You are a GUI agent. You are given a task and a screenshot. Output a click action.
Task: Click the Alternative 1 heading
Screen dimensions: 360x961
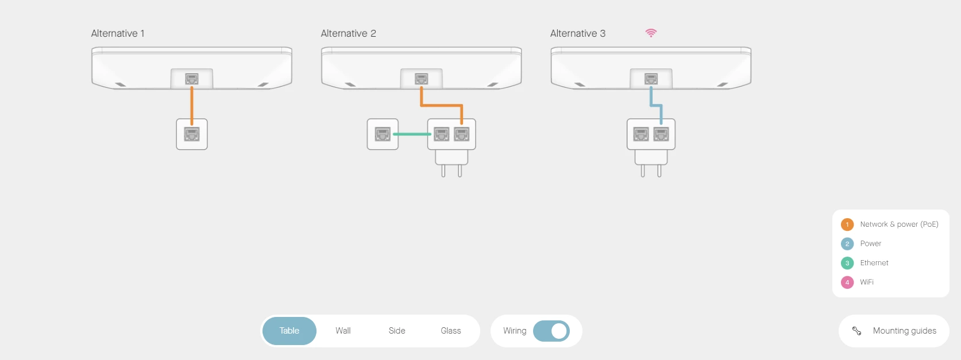tap(118, 33)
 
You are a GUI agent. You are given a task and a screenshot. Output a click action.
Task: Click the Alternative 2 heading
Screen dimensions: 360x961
tap(348, 33)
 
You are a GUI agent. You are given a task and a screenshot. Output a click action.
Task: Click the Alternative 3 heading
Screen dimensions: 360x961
tap(577, 33)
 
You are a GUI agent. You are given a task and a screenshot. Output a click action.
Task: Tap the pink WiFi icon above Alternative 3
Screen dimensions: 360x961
tap(651, 33)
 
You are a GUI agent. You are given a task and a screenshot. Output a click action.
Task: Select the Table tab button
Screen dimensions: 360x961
tap(290, 331)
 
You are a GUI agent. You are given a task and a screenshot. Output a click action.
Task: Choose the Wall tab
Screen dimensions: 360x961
tap(343, 331)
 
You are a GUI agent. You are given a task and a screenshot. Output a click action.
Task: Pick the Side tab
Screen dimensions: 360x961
tap(397, 331)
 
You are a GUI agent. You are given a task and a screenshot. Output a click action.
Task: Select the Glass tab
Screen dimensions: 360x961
tap(451, 331)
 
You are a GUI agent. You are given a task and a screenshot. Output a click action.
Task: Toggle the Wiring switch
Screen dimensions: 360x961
tap(551, 331)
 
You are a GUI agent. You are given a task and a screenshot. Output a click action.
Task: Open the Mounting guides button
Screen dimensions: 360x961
tap(894, 331)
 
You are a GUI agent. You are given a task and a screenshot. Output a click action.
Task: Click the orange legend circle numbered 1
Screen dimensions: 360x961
tap(847, 224)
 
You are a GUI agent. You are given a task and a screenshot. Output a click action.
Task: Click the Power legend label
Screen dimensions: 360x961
tap(870, 243)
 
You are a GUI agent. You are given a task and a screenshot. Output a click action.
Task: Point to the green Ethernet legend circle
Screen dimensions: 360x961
tap(847, 263)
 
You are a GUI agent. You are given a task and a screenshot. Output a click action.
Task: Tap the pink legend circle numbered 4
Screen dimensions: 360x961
tap(847, 282)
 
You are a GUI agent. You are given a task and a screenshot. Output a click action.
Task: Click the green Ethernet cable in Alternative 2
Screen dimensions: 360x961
tap(412, 134)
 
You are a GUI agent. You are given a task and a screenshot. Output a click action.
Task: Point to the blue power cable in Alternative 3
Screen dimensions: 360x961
tap(651, 98)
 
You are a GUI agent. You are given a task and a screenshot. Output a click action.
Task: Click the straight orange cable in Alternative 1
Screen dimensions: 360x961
tap(192, 103)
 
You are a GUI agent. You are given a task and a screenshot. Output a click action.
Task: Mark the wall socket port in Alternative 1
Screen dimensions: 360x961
tap(192, 134)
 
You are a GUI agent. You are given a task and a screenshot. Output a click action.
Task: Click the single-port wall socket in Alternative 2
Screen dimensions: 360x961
tap(383, 134)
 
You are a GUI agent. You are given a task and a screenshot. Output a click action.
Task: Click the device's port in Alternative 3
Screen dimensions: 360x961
tap(651, 79)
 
